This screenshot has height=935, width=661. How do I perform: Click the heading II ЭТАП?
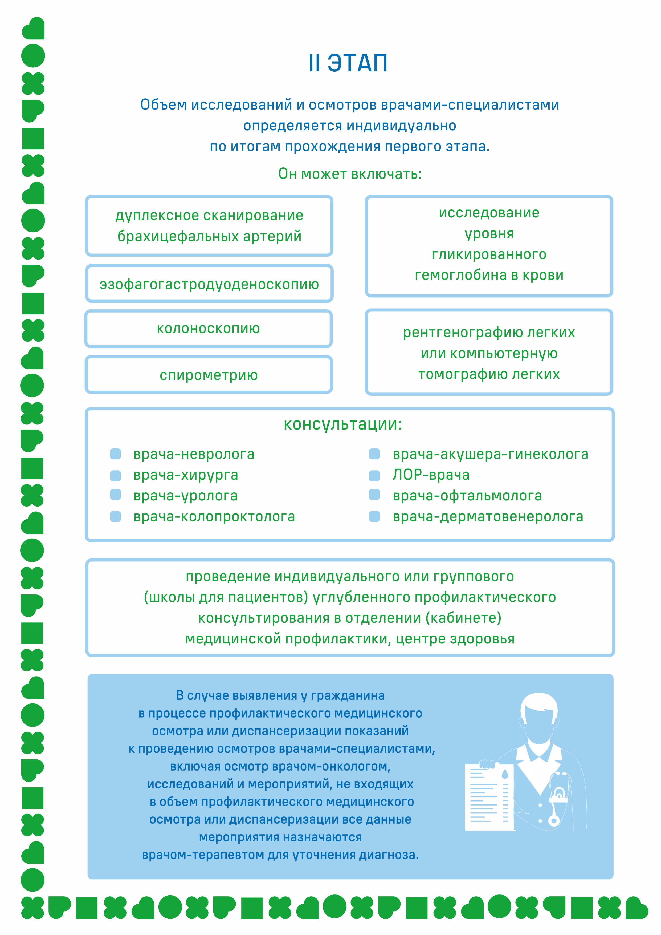click(x=348, y=63)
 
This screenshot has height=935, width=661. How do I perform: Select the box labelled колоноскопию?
click(x=209, y=329)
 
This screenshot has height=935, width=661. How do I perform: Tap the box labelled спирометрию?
click(x=209, y=375)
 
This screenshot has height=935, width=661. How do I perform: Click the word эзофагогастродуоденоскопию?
click(x=209, y=285)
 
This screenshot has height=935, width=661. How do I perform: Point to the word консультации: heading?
click(x=343, y=424)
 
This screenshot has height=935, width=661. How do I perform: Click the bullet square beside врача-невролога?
click(x=116, y=454)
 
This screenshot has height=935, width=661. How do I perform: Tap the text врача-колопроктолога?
click(x=214, y=516)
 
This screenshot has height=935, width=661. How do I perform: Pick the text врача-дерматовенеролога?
click(x=488, y=516)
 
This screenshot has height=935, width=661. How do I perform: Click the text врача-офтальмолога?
click(x=467, y=496)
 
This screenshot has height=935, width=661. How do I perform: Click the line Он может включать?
click(x=350, y=174)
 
